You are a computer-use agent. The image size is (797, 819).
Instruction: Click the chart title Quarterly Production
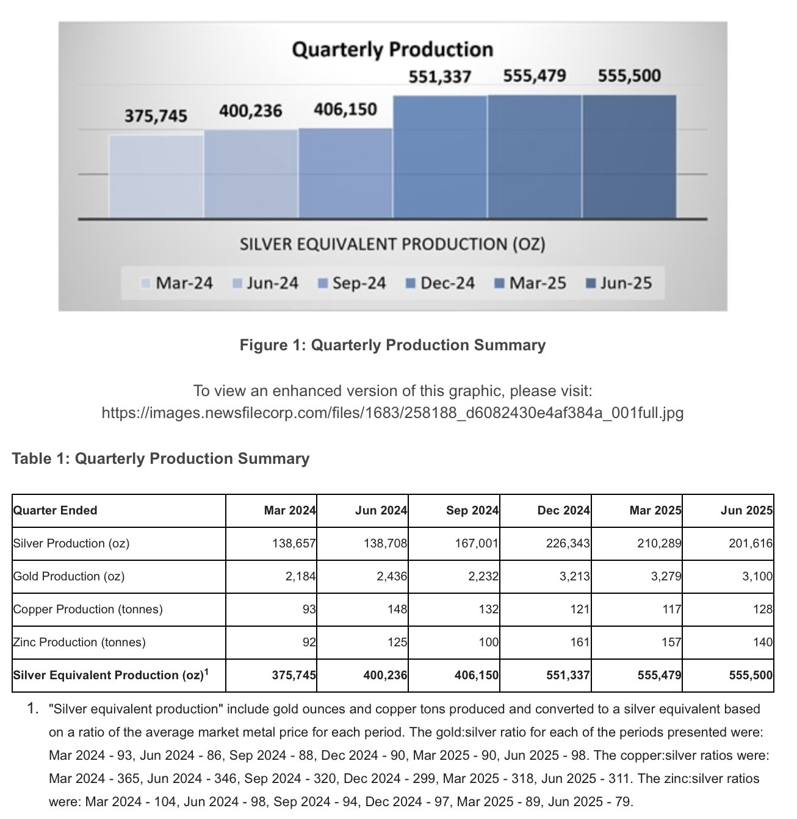click(x=392, y=49)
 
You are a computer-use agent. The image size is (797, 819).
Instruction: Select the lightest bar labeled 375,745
click(x=156, y=176)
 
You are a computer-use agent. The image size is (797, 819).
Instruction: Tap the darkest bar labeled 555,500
click(x=629, y=156)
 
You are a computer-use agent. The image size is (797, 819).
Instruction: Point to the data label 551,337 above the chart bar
click(x=439, y=77)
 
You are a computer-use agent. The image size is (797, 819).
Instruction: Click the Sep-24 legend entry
click(x=353, y=283)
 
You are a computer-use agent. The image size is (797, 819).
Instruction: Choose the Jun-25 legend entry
click(x=619, y=283)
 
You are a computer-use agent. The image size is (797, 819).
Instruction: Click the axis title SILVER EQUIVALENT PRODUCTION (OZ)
click(x=392, y=245)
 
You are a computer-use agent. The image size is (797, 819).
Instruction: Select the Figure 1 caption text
click(x=392, y=345)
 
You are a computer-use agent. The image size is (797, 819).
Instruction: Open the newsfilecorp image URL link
click(x=392, y=413)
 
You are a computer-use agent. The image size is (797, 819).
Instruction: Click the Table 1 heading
click(x=160, y=459)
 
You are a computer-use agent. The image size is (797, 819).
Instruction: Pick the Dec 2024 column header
click(x=563, y=511)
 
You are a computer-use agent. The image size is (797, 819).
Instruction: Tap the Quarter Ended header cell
click(x=55, y=511)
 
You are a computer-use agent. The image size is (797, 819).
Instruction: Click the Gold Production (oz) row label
click(x=68, y=577)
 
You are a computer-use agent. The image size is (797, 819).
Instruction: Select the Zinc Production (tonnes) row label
click(x=79, y=643)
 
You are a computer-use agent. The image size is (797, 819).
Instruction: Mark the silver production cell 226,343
click(x=568, y=544)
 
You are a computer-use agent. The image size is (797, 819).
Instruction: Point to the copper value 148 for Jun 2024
click(x=397, y=610)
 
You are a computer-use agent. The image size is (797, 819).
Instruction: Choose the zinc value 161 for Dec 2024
click(x=579, y=643)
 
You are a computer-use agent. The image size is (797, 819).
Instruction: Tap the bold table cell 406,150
click(x=476, y=676)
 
